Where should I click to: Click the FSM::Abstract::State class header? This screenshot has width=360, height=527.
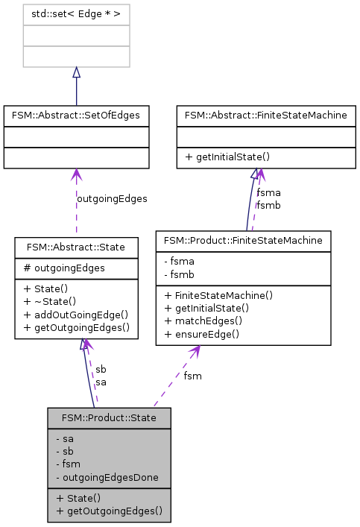(x=76, y=246)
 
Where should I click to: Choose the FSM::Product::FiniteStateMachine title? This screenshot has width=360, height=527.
(x=243, y=240)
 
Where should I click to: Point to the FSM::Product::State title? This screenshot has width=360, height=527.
(x=109, y=417)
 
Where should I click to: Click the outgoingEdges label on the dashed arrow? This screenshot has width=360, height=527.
(x=112, y=199)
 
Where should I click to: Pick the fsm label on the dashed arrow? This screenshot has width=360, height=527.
(x=192, y=376)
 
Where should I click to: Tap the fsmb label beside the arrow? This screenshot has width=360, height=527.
(x=268, y=205)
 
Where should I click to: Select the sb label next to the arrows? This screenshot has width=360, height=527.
(x=101, y=370)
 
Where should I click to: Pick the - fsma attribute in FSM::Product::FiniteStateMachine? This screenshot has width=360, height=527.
(x=177, y=262)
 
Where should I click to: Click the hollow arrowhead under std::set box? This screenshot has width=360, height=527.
(x=76, y=72)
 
